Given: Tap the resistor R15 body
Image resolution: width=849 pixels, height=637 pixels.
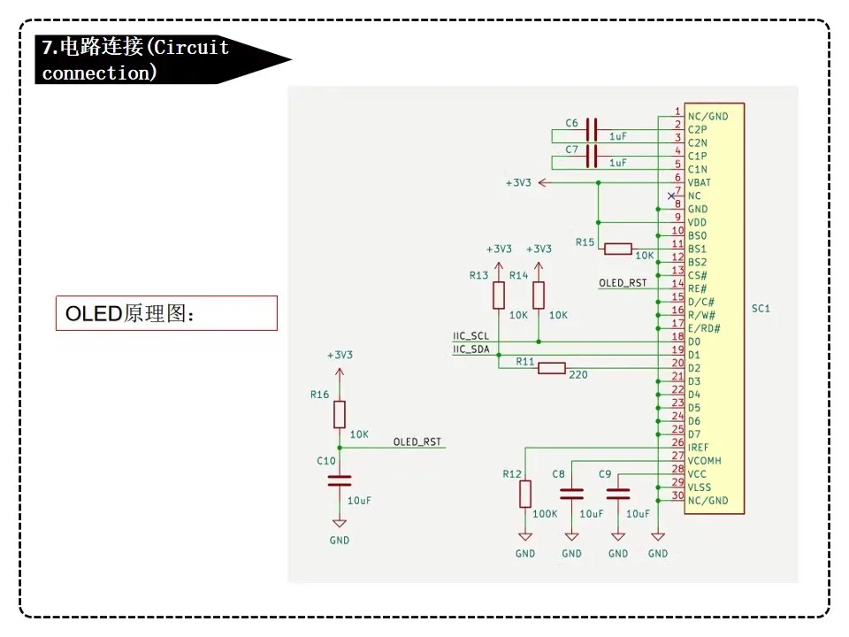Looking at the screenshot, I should click(x=618, y=249).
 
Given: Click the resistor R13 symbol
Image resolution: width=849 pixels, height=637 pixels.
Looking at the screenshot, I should click(x=499, y=295).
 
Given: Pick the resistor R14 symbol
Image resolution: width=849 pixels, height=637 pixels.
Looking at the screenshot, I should click(x=539, y=295).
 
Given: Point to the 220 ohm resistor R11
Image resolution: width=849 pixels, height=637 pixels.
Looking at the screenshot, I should click(x=552, y=368).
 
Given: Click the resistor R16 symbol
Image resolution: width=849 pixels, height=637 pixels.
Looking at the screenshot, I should click(x=340, y=414).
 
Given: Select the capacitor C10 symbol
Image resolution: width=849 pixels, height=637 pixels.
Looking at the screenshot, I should click(x=340, y=480).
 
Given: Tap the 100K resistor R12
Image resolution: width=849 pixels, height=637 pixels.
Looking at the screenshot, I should click(x=525, y=494).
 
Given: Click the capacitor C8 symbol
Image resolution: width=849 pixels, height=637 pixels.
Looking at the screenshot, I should click(x=572, y=493).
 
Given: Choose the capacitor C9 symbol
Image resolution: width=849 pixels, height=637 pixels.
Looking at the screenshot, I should click(x=618, y=493).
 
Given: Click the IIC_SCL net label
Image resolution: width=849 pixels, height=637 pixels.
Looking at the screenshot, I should click(x=470, y=336).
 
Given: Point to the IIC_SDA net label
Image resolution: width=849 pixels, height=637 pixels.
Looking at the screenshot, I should click(x=470, y=349).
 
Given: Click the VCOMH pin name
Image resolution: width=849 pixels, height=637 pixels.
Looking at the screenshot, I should click(x=704, y=461).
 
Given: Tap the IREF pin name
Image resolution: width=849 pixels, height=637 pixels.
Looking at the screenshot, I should click(x=698, y=448).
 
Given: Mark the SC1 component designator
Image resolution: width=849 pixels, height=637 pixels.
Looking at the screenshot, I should click(x=761, y=309).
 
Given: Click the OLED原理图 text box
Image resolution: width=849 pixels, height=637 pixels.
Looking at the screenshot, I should click(x=166, y=313).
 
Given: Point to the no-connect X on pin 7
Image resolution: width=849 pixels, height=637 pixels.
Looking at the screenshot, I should click(x=670, y=196).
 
